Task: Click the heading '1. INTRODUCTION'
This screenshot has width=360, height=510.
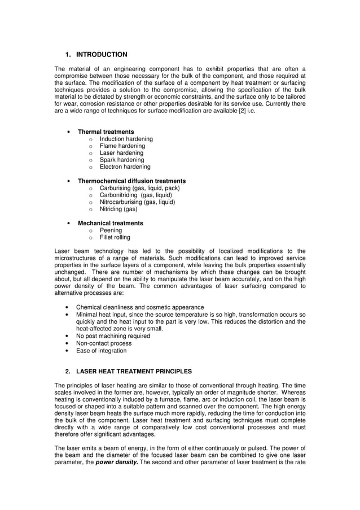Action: [96, 55]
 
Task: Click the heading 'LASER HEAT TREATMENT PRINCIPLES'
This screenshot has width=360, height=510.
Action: [134, 372]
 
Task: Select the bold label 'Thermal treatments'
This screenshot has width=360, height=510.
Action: [106, 132]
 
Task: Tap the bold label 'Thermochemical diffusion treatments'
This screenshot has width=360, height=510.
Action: [131, 181]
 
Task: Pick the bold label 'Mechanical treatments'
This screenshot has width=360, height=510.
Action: [110, 223]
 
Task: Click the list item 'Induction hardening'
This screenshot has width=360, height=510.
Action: [126, 139]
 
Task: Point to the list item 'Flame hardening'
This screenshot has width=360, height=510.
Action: [122, 146]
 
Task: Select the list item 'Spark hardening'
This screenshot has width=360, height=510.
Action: [121, 160]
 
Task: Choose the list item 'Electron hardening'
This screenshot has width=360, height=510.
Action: [125, 167]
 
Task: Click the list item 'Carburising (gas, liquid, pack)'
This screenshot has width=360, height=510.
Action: [139, 188]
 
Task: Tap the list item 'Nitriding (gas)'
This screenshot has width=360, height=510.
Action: [118, 209]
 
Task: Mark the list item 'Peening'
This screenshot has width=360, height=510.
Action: [111, 230]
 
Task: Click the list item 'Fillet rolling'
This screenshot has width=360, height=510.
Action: [115, 238]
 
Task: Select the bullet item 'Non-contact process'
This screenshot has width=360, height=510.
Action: [104, 343]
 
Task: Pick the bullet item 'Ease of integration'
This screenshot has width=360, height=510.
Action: [102, 351]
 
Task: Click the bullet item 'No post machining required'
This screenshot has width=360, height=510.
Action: [113, 336]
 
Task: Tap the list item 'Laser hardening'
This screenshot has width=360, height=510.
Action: [121, 153]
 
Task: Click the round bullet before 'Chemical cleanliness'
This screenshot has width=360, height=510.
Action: [68, 307]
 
